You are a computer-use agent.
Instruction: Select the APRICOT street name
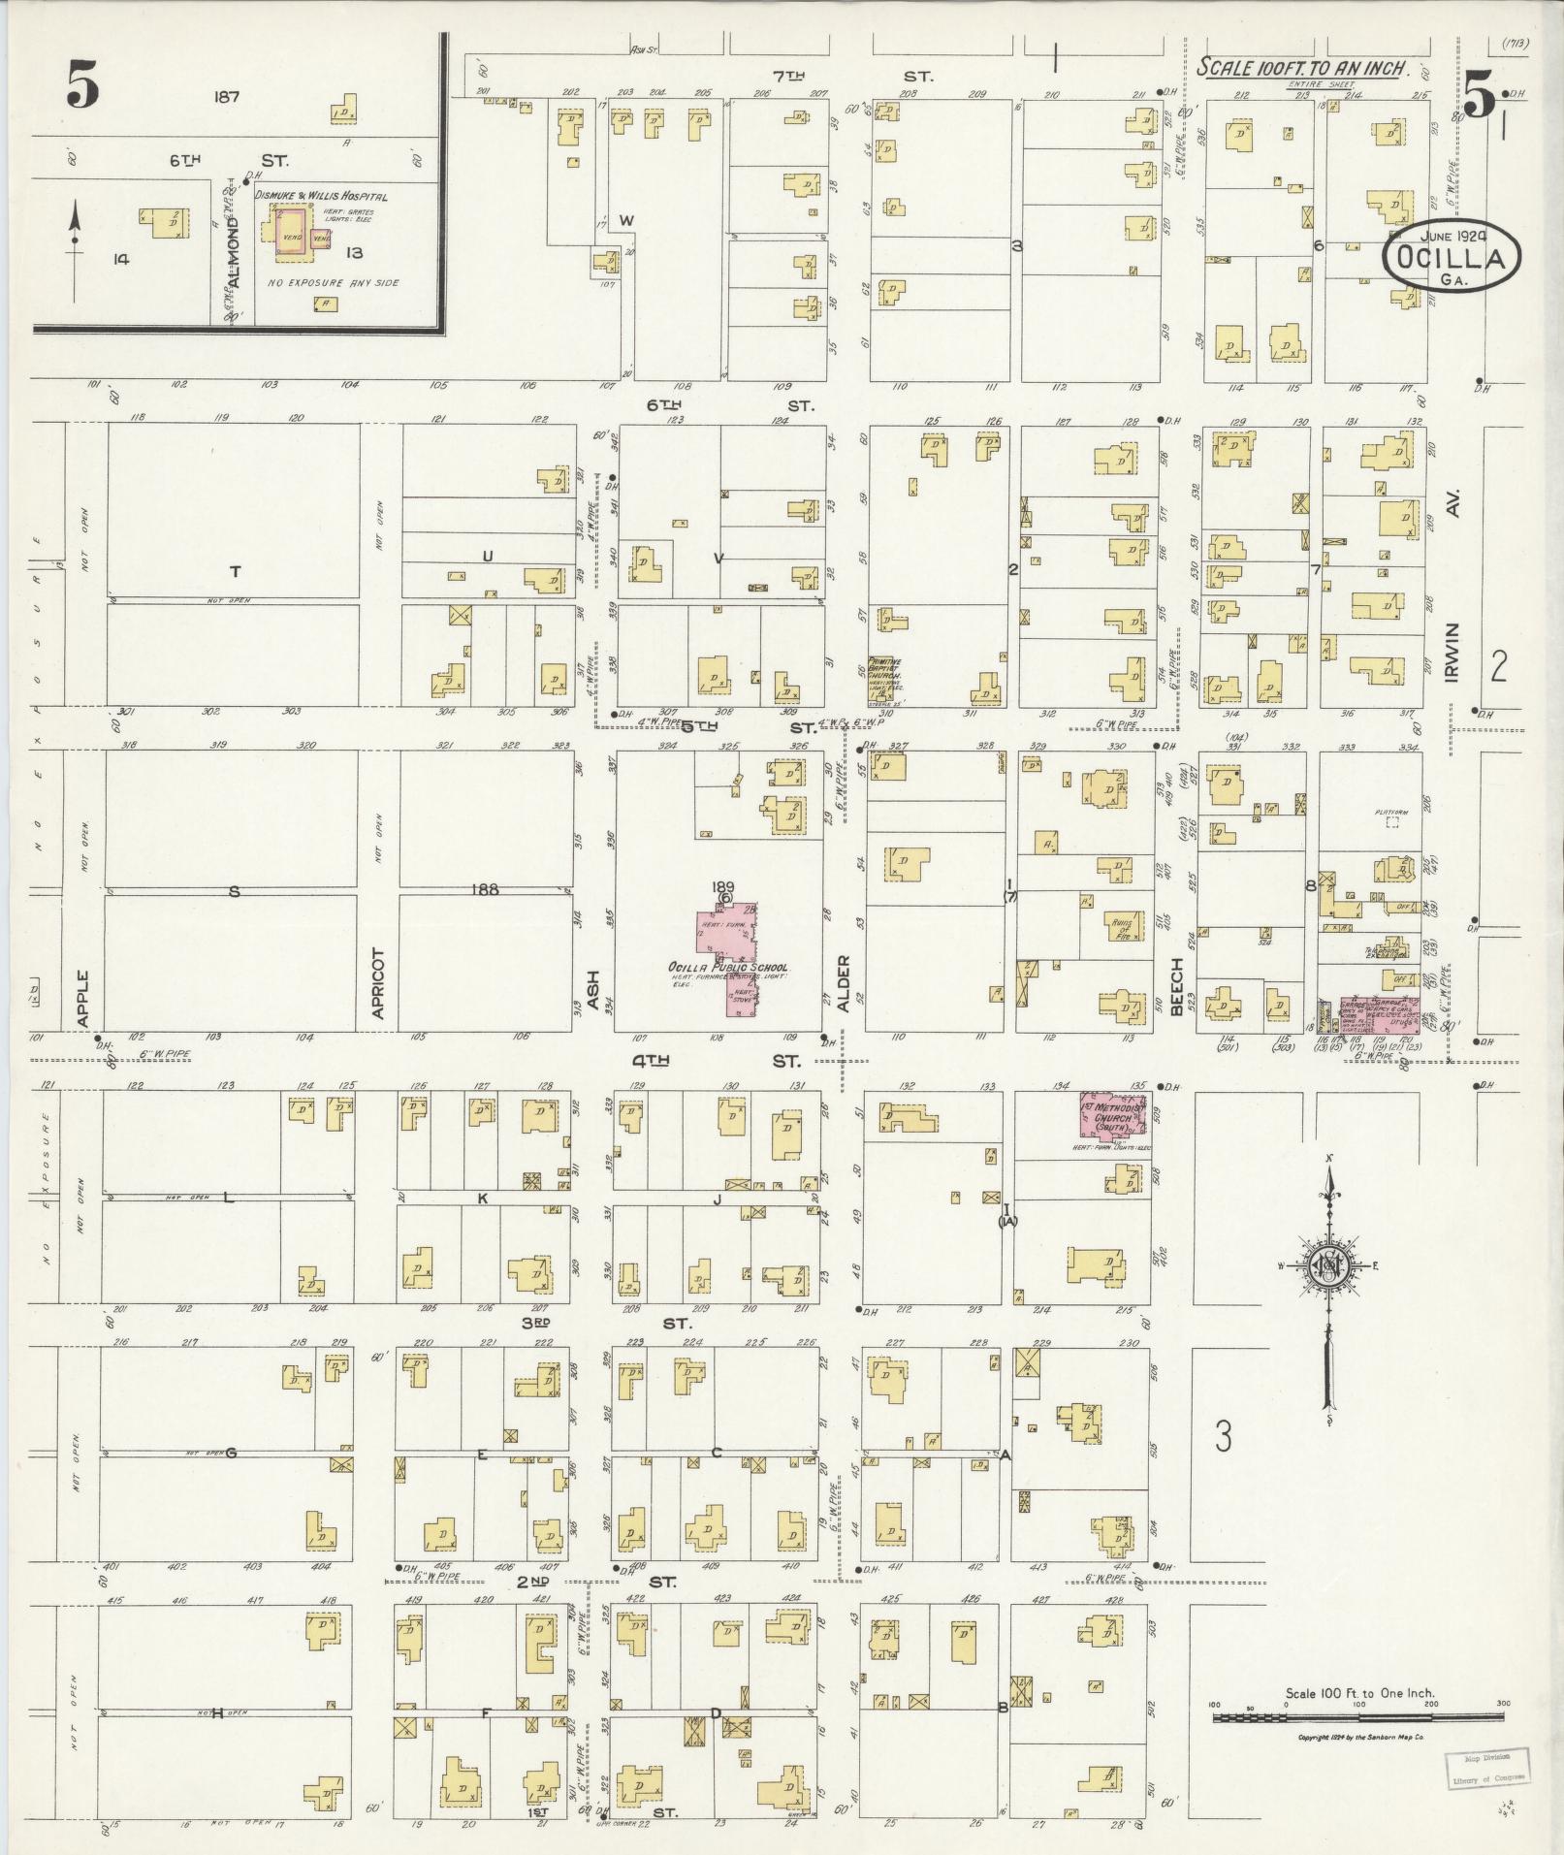pos(378,982)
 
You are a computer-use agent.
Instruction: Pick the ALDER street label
pos(843,984)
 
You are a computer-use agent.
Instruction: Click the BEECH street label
pos(1177,987)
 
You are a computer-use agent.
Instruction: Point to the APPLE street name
pos(84,998)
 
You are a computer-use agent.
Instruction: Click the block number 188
pos(485,888)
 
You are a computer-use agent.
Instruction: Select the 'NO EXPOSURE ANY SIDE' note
pos(333,283)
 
